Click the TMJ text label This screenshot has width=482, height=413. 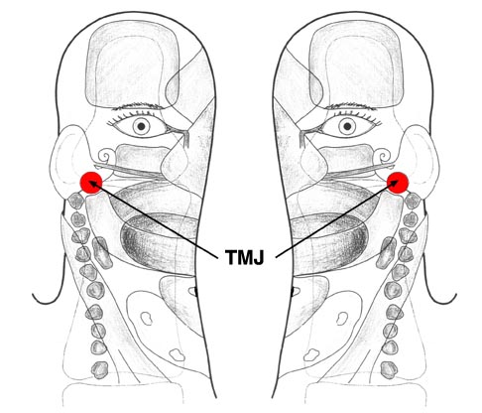tap(244, 257)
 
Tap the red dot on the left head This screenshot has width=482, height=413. tap(91, 183)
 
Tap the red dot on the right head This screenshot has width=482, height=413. tap(398, 183)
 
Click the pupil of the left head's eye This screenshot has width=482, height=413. tap(142, 126)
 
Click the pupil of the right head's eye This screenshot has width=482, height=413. tap(347, 126)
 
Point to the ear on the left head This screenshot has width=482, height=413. tap(66, 159)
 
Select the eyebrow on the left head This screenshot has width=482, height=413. tap(138, 107)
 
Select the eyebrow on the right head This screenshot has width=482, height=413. tap(351, 107)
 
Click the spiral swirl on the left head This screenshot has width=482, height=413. tap(106, 155)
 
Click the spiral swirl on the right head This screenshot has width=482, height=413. tap(383, 155)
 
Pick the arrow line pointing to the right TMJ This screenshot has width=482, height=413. tap(338, 218)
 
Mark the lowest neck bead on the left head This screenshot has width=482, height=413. tap(100, 370)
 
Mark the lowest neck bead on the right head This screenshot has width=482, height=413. tap(389, 370)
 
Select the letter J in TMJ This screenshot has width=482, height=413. tap(258, 257)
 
